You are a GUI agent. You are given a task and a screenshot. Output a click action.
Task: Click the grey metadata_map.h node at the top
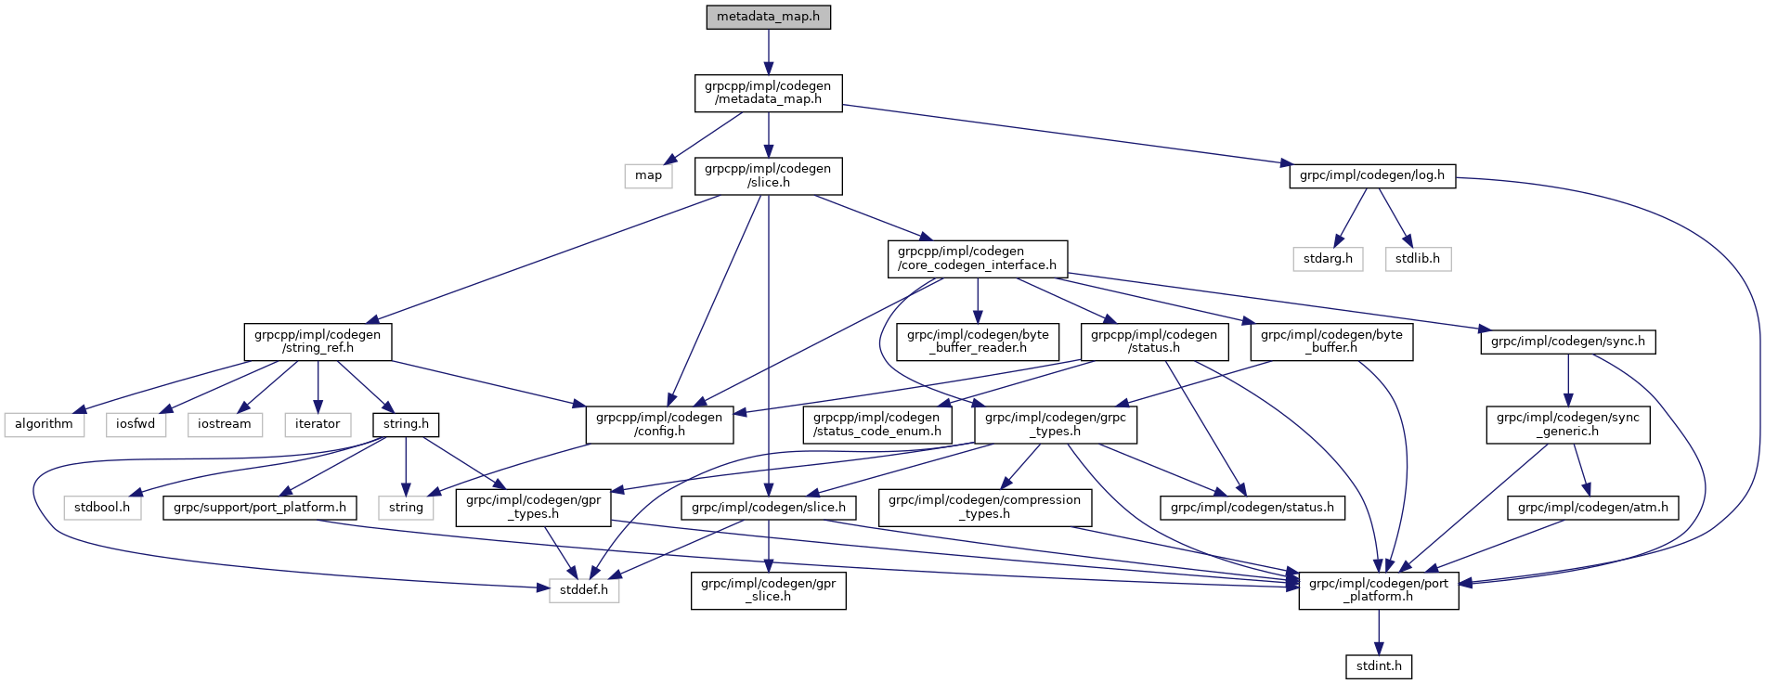pos(768,18)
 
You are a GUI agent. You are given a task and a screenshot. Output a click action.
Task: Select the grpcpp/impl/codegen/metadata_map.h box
pos(768,93)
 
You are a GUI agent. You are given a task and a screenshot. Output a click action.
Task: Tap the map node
pos(648,175)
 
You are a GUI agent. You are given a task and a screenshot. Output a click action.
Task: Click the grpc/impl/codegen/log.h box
pos(1371,175)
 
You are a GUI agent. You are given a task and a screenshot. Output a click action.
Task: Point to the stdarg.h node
pos(1328,259)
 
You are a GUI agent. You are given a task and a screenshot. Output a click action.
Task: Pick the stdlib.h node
pos(1417,259)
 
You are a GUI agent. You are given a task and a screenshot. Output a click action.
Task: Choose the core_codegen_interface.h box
pos(977,258)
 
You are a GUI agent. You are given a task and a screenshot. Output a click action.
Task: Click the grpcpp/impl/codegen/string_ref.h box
pos(318,342)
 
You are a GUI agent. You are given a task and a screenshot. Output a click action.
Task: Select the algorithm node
pos(44,424)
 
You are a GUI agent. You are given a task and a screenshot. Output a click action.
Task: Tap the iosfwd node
pos(136,424)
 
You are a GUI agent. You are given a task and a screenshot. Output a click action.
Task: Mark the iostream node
pos(225,424)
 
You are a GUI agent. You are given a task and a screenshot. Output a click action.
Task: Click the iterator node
pos(318,424)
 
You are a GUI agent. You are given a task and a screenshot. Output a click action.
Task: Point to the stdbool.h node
pos(102,508)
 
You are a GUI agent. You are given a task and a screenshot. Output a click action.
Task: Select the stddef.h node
pos(584,590)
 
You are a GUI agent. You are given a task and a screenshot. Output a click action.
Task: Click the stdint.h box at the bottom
pos(1379,666)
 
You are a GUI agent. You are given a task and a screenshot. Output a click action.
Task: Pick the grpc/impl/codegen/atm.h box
pos(1592,508)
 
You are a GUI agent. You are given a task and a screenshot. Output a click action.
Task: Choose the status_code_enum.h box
pos(877,424)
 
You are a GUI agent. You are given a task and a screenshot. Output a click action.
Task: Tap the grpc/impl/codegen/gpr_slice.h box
pos(768,590)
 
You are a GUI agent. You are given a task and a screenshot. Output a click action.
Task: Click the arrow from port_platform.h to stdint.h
pos(1379,632)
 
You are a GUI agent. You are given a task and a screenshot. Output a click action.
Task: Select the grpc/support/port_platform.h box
pos(259,508)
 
